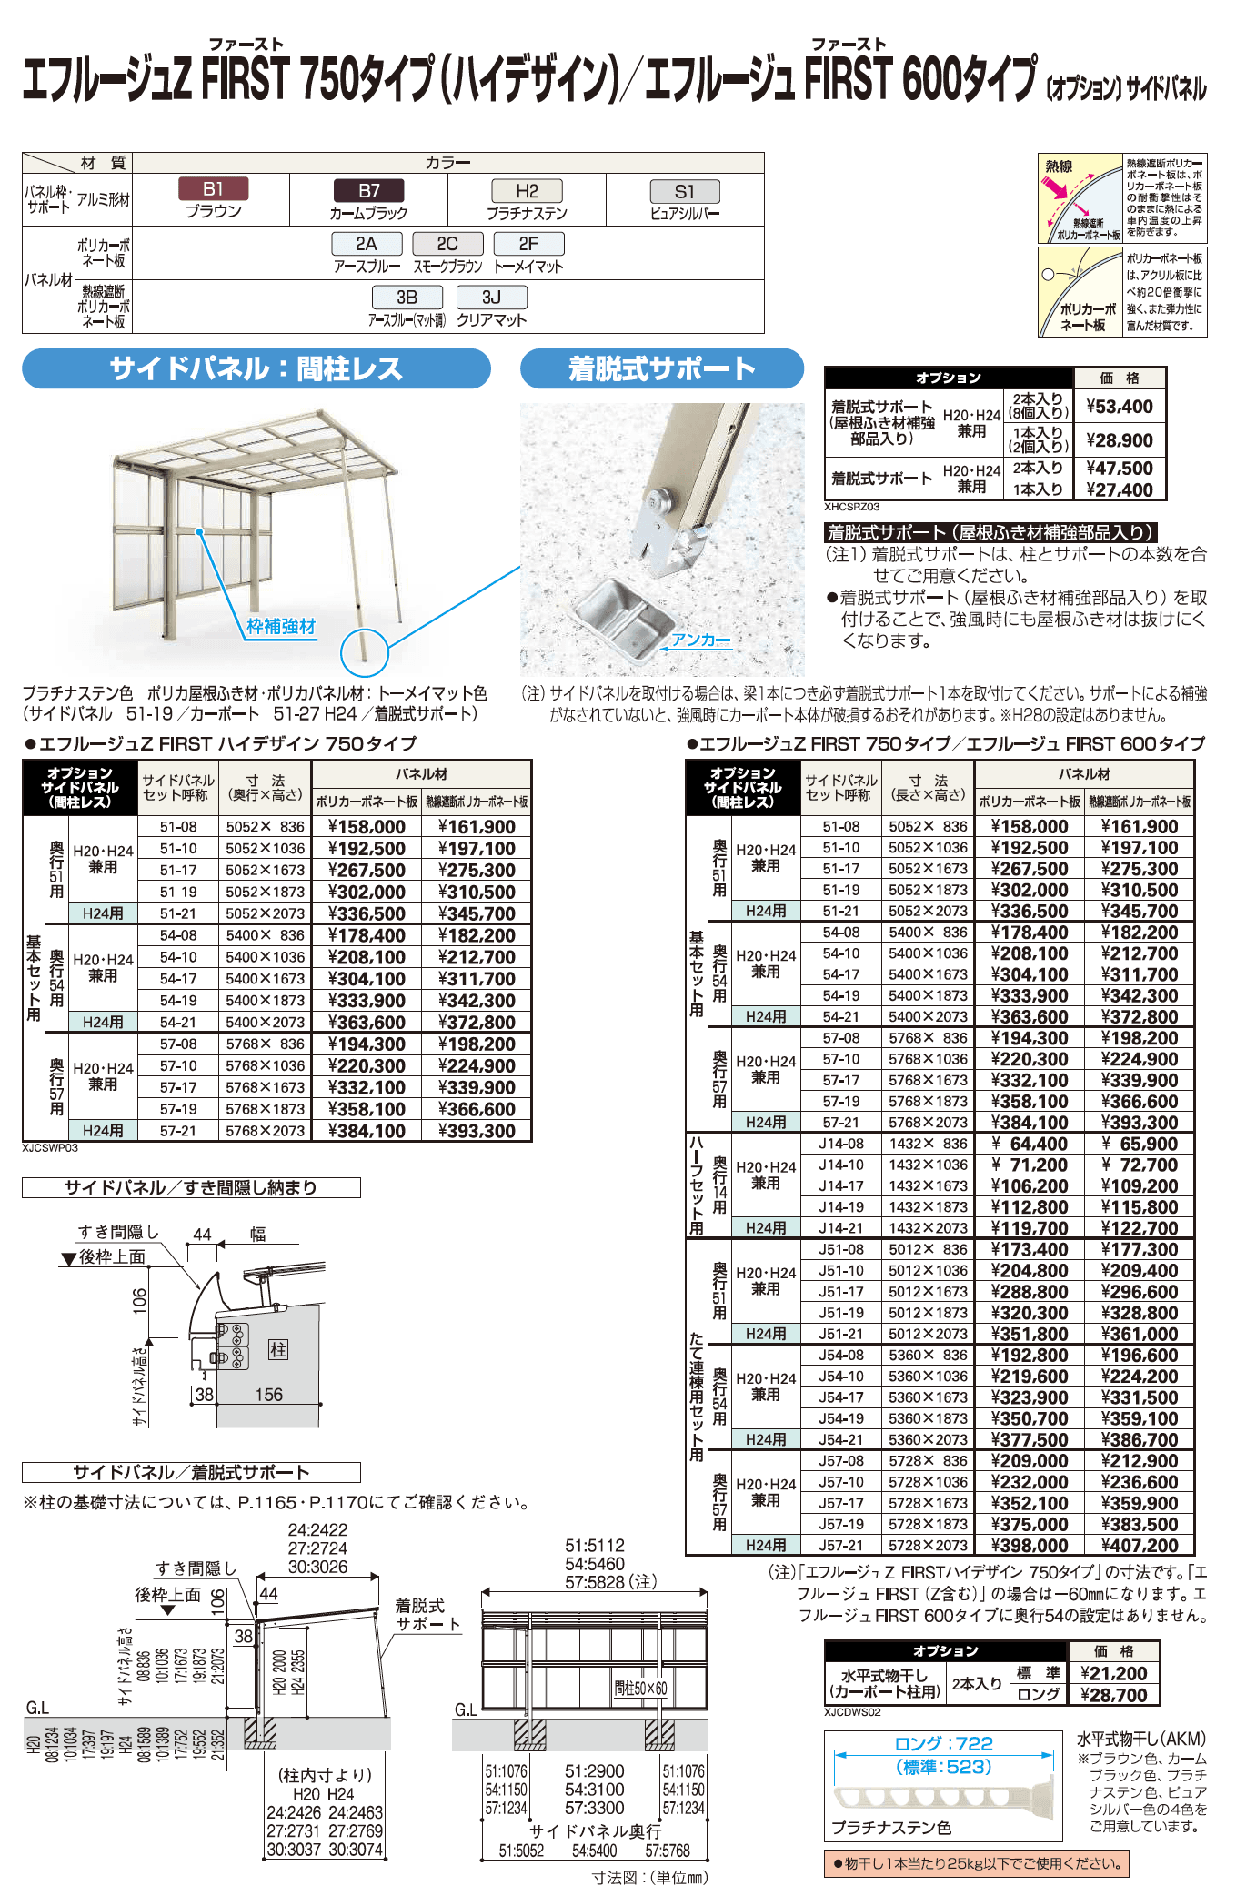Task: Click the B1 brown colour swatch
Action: pos(213,189)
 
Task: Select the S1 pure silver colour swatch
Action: pos(684,192)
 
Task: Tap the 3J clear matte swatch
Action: pos(491,298)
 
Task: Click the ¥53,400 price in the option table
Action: pos(1120,407)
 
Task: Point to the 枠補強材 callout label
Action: pos(281,627)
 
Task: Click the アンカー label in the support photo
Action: pos(700,640)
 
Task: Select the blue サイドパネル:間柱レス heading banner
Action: pos(256,368)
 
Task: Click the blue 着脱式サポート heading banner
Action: pos(661,368)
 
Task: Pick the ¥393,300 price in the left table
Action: pos(477,1131)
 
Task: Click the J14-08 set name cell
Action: pos(840,1144)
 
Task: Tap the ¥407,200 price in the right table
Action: pos(1139,1545)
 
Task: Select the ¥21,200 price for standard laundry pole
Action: pos(1113,1673)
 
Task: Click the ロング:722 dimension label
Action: pos(943,1743)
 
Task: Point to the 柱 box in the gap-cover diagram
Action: pos(278,1349)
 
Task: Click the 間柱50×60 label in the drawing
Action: pos(640,1689)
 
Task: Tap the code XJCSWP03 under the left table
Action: pos(50,1148)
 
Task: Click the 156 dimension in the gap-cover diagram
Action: pos(268,1395)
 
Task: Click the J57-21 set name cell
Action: pos(840,1545)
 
